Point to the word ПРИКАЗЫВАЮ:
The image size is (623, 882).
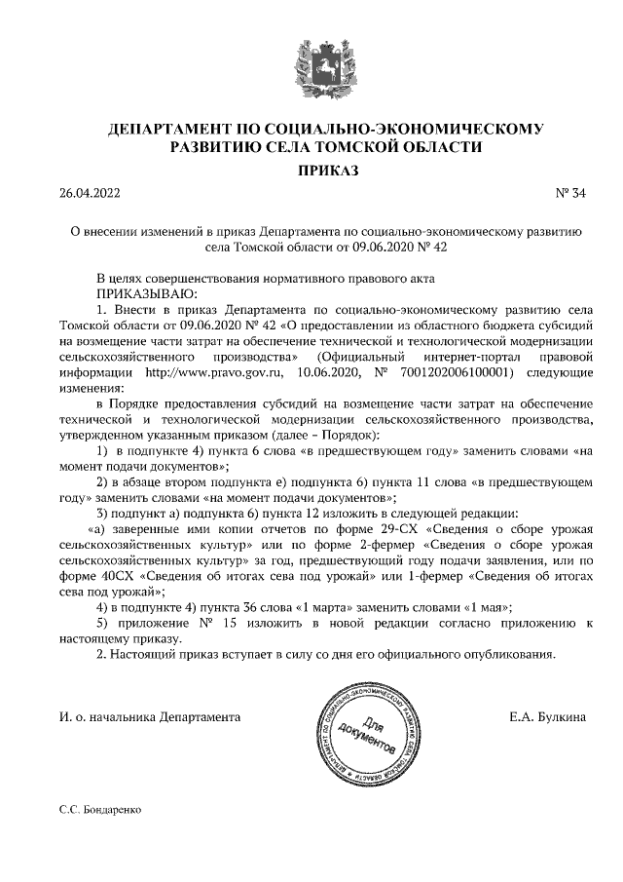click(146, 293)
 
